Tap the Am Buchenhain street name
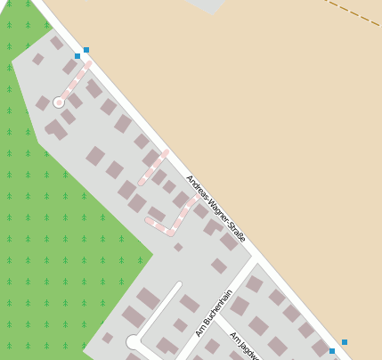[x=214, y=313]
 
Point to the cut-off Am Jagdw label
[x=244, y=346]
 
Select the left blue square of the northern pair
[x=77, y=56]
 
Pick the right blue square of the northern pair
[x=86, y=50]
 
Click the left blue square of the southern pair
[x=332, y=351]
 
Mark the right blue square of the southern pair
[x=345, y=342]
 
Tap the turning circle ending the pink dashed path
[x=59, y=102]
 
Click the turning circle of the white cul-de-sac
[x=134, y=341]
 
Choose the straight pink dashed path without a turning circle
[x=153, y=167]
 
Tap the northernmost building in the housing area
[x=56, y=42]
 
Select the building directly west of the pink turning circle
[x=43, y=103]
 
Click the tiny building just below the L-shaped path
[x=178, y=247]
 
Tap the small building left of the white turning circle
[x=108, y=338]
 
